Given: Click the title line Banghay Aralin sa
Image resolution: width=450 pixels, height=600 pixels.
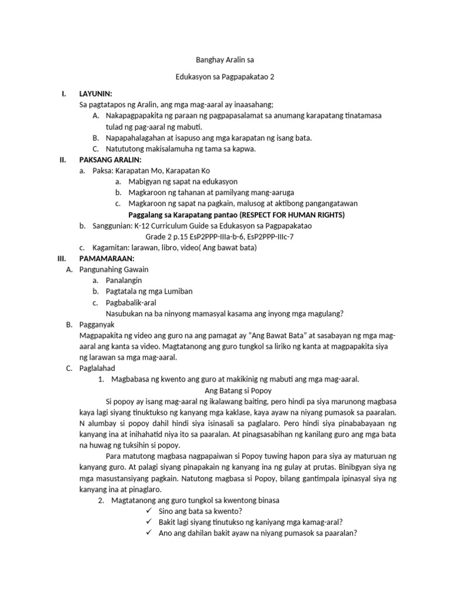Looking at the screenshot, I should pos(224,60).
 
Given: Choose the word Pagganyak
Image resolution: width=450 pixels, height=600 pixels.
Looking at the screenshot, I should pos(97,324).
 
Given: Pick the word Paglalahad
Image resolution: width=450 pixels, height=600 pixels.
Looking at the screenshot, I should pos(97,368).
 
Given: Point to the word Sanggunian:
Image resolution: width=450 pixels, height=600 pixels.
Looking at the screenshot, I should pos(112,226).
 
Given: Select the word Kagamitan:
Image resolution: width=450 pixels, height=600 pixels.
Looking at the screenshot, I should pos(111,247).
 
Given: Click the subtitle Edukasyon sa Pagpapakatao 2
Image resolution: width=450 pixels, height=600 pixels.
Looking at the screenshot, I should pos(224,77).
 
